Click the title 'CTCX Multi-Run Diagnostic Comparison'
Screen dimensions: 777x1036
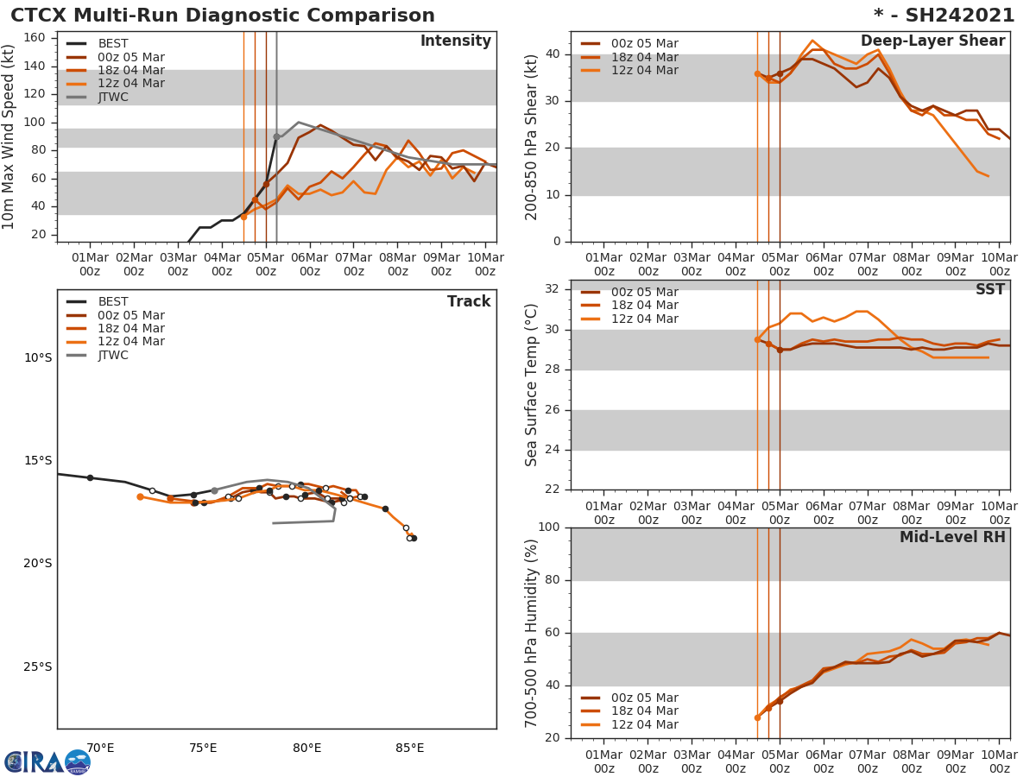tap(223, 16)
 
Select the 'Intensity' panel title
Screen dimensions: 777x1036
tap(455, 41)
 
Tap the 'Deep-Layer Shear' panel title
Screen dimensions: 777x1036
tap(932, 41)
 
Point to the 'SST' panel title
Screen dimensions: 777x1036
tap(990, 290)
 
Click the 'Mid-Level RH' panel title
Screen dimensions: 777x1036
tap(952, 537)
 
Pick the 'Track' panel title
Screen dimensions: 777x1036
tap(469, 301)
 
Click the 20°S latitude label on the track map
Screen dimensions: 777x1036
tap(37, 564)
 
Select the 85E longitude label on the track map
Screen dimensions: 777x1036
tap(409, 748)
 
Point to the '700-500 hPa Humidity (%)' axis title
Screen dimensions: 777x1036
tap(532, 632)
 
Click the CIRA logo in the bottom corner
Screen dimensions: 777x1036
tap(47, 761)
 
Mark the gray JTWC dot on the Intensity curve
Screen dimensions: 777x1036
tap(276, 136)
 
